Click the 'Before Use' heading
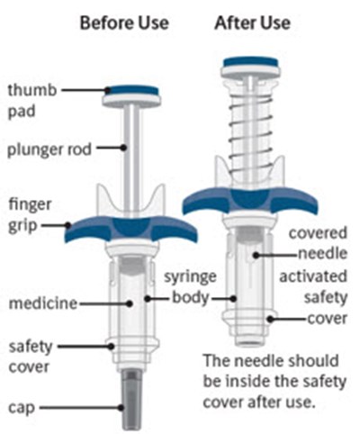pos(124,23)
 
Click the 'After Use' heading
pos(253,23)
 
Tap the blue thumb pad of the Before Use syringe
pos(132,91)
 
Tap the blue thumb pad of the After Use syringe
pos(251,62)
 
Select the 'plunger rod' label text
pos(49,149)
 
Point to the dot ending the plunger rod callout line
pos(123,148)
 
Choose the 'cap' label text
pos(22,408)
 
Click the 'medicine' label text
pos(43,303)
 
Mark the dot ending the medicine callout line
pos(130,303)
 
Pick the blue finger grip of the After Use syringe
pos(250,201)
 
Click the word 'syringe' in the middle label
pos(190,277)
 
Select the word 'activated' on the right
pos(313,276)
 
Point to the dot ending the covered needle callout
pos(256,256)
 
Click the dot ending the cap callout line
pos(121,408)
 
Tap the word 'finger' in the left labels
pos(30,205)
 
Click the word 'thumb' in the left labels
pos(32,90)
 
